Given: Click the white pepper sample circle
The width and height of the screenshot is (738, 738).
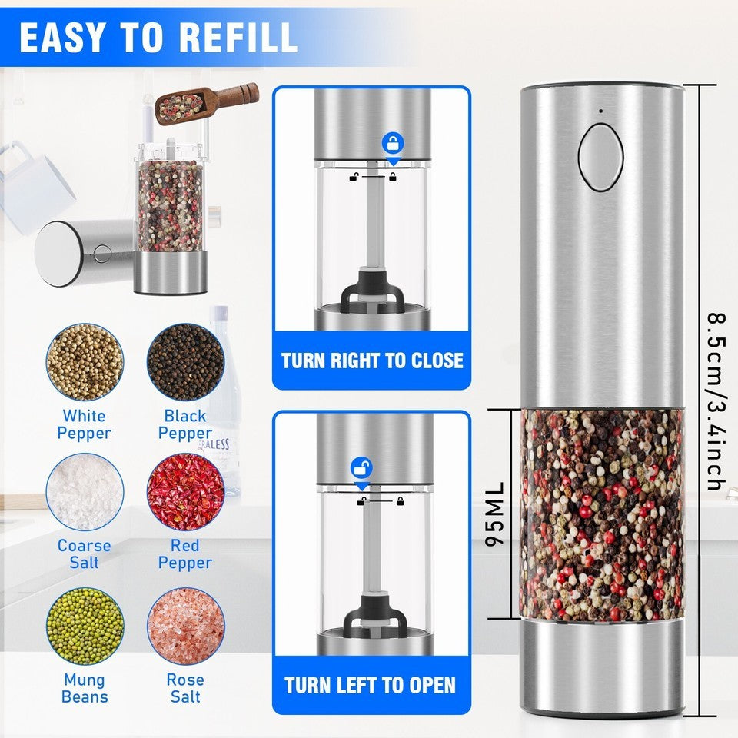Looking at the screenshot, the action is [85, 362].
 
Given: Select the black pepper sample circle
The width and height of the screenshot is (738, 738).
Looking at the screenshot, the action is [185, 362].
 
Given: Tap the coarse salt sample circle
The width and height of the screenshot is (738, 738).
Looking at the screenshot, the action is [85, 492].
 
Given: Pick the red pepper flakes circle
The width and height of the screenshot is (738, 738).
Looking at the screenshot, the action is [185, 492].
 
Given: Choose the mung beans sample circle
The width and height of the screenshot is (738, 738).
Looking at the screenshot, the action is [85, 627].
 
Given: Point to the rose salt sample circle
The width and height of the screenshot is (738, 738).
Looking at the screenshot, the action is [185, 627].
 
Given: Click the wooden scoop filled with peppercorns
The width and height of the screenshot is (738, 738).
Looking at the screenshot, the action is [207, 102].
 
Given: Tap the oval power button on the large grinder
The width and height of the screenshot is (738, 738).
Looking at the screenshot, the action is [601, 157].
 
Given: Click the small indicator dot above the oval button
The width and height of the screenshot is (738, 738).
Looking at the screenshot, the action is [601, 111].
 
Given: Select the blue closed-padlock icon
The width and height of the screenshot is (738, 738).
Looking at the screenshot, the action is [393, 143].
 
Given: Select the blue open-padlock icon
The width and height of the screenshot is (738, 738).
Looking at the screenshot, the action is [361, 468].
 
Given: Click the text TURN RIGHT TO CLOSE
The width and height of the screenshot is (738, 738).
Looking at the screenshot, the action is [372, 361].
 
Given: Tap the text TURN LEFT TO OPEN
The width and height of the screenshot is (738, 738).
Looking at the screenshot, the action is [371, 685].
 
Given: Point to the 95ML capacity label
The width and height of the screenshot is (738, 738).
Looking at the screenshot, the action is [494, 514].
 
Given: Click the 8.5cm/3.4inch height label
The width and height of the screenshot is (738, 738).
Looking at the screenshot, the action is [716, 401].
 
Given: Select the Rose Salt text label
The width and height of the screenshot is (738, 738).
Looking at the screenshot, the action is [185, 688].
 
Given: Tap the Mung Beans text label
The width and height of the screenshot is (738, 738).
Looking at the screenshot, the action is [85, 688].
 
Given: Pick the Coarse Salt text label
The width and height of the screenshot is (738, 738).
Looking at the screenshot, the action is [85, 554].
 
